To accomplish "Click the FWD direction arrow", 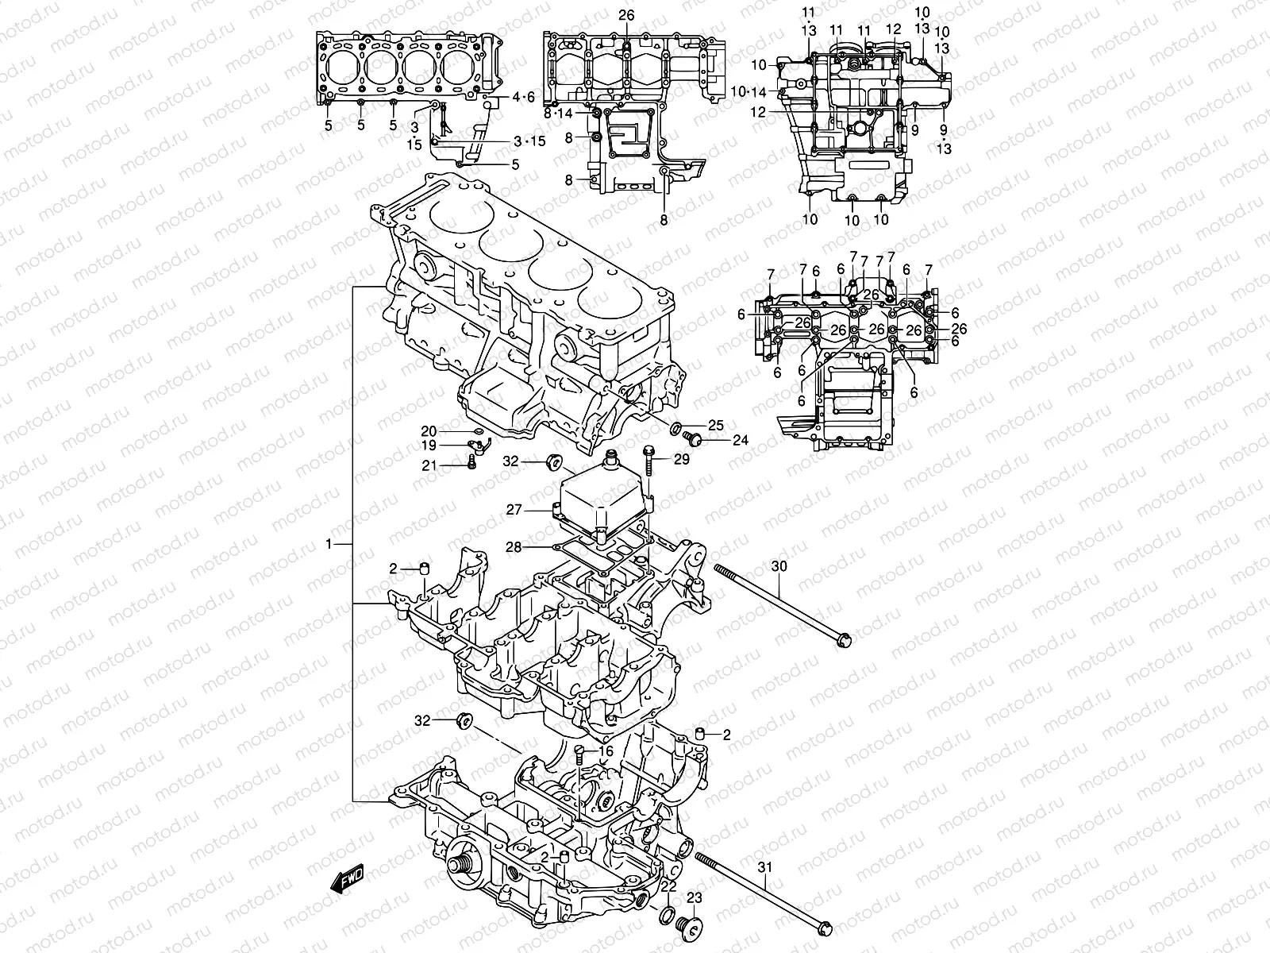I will pos(348,880).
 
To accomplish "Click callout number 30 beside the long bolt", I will pos(779,566).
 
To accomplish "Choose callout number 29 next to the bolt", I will pos(681,460).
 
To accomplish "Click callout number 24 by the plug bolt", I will pos(740,440).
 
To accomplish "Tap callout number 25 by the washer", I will pos(716,426).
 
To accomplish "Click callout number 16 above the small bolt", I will pos(606,750).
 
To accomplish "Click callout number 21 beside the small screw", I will pos(429,465).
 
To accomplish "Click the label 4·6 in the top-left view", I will pos(524,98).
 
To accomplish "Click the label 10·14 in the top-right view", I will pos(749,92).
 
